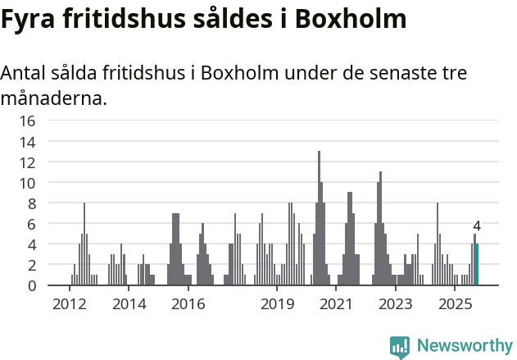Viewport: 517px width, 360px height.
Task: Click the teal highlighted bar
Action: pyautogui.click(x=477, y=264)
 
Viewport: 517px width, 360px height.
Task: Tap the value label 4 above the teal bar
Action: pyautogui.click(x=477, y=226)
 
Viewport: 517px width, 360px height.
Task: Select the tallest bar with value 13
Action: pyautogui.click(x=319, y=218)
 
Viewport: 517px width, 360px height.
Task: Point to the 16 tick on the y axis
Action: pyautogui.click(x=28, y=121)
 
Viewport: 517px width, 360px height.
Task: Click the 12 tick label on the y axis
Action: pyautogui.click(x=28, y=162)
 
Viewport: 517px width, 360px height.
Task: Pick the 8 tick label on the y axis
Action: pyautogui.click(x=31, y=203)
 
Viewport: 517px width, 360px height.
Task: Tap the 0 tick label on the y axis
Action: pyautogui.click(x=31, y=286)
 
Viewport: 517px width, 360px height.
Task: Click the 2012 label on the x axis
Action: pyautogui.click(x=69, y=305)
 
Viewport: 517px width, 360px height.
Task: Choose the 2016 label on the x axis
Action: pyautogui.click(x=188, y=305)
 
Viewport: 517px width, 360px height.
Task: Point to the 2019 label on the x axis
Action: pyautogui.click(x=278, y=305)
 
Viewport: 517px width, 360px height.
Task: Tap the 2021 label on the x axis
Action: pyautogui.click(x=337, y=305)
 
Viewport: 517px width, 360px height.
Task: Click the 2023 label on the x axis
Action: pyautogui.click(x=396, y=305)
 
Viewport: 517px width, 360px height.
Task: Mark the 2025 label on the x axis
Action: pyautogui.click(x=456, y=305)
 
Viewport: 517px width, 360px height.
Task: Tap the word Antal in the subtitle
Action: pyautogui.click(x=25, y=73)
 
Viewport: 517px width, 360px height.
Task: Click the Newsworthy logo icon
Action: pyautogui.click(x=400, y=346)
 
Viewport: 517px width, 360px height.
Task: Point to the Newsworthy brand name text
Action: pyautogui.click(x=464, y=346)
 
